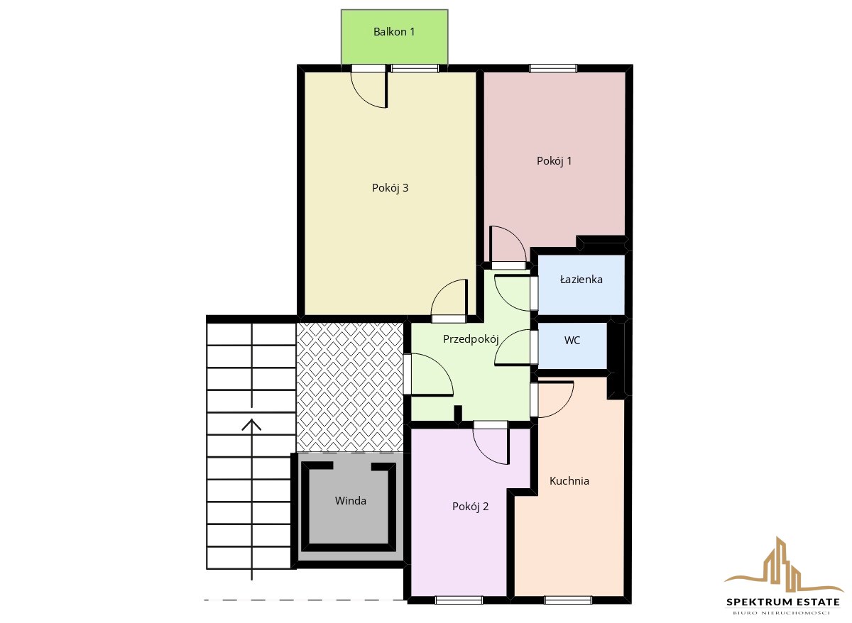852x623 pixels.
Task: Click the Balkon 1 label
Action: [394, 31]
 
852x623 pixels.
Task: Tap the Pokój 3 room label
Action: [390, 188]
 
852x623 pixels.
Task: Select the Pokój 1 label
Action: [554, 161]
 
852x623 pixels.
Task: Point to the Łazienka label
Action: [581, 280]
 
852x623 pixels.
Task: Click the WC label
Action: [572, 340]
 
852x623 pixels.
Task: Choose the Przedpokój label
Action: [471, 338]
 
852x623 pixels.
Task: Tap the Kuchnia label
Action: [569, 481]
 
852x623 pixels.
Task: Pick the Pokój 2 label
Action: [470, 507]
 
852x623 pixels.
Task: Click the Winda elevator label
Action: [350, 501]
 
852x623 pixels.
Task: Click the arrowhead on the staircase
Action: [251, 424]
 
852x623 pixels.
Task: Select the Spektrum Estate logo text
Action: [783, 602]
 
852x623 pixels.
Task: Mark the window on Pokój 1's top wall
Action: [553, 68]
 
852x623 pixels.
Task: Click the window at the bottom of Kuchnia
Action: [568, 600]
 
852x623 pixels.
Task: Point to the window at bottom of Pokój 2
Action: [459, 600]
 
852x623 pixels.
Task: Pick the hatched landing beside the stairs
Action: [349, 387]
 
